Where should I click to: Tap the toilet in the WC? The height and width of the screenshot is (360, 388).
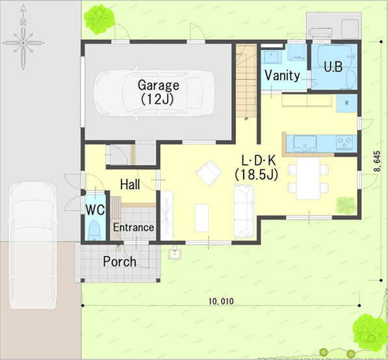click(94, 230)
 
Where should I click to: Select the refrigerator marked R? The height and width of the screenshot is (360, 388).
click(346, 103)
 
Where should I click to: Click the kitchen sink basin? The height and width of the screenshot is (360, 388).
click(305, 143)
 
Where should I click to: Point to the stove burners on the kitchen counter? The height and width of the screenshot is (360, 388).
click(344, 142)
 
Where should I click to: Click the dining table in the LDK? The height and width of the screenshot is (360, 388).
click(308, 178)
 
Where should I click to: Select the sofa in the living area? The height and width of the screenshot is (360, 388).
click(244, 212)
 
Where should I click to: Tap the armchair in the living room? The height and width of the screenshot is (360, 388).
click(209, 174)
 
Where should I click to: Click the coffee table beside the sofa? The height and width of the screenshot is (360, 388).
click(201, 218)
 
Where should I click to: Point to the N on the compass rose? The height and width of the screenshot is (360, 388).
click(23, 22)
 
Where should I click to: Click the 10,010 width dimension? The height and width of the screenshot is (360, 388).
click(221, 302)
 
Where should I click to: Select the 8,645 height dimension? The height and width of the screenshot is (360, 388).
click(377, 161)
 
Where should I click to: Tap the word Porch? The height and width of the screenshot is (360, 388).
click(120, 261)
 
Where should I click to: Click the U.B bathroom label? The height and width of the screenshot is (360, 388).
click(333, 66)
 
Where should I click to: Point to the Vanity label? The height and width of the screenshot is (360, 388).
click(282, 75)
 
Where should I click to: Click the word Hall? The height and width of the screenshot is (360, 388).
click(130, 185)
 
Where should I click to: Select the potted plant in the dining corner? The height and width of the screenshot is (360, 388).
click(346, 205)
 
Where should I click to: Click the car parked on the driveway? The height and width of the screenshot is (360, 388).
click(32, 245)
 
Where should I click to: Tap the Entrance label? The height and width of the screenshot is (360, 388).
click(134, 227)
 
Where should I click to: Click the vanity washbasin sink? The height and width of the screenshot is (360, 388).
click(272, 57)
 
